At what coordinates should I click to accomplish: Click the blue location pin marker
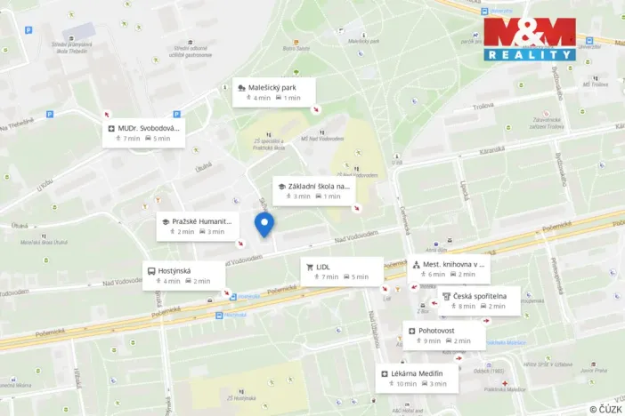click(264, 225)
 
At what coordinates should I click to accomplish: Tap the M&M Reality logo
click(530, 39)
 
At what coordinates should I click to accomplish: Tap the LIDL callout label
click(341, 271)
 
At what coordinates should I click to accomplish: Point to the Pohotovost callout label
click(443, 335)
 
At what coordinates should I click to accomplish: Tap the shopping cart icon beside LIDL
click(309, 267)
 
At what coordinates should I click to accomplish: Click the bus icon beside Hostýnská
click(150, 271)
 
